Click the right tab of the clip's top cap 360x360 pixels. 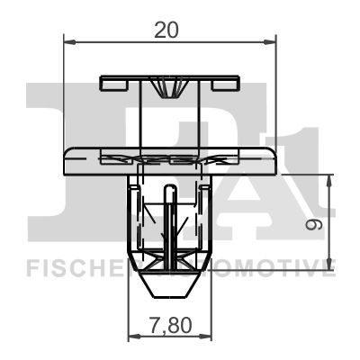[225, 84]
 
